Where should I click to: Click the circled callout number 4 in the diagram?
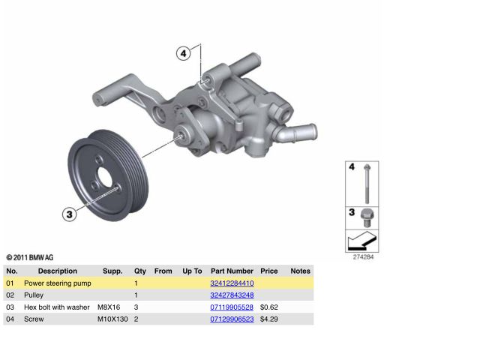click(x=183, y=53)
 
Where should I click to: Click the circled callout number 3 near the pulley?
click(x=70, y=214)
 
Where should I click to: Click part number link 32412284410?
click(x=232, y=283)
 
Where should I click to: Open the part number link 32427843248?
click(x=232, y=295)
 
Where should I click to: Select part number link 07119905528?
click(x=232, y=307)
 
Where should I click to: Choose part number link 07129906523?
click(x=232, y=319)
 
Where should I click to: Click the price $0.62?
click(x=268, y=307)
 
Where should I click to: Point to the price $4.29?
click(x=268, y=319)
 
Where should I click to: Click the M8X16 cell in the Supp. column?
click(x=109, y=307)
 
